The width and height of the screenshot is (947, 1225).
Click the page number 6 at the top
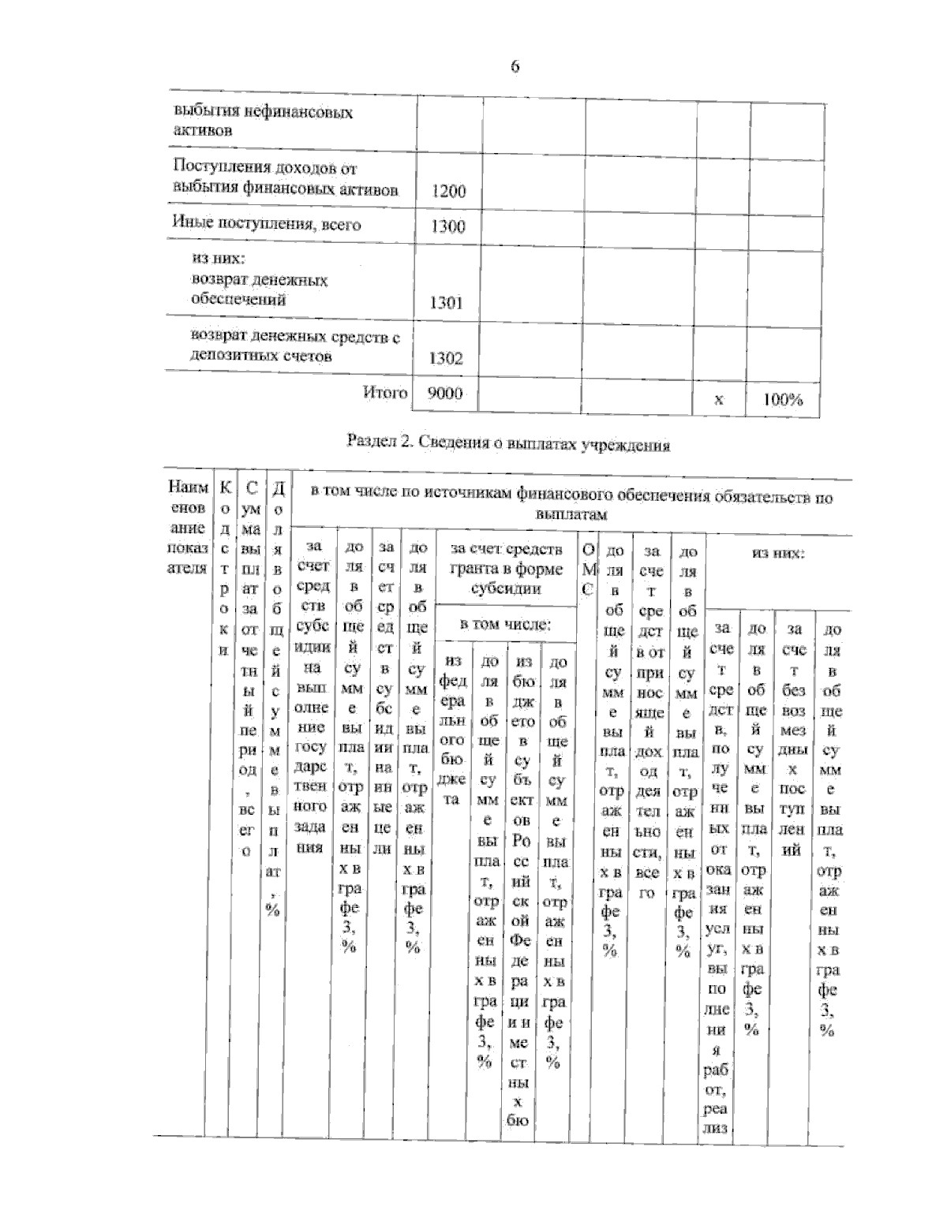point(515,67)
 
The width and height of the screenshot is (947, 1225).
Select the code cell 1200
point(448,191)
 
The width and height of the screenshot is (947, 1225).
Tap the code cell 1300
point(447,226)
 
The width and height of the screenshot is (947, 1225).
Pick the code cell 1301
point(446,303)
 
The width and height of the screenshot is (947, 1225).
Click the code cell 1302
point(446,359)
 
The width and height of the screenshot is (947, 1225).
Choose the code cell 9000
point(444,394)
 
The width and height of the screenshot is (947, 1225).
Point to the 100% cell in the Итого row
point(782,400)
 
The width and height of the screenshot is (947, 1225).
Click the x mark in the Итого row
point(718,400)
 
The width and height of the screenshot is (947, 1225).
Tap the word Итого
point(385,393)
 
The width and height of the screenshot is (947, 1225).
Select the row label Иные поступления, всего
point(267,224)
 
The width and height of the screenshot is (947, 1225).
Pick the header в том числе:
point(506,625)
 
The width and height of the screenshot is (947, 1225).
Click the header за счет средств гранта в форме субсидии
point(506,569)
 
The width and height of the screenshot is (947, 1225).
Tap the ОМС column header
point(586,569)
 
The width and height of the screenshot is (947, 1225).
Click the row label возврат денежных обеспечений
point(259,289)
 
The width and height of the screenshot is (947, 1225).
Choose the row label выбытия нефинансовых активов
point(262,121)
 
